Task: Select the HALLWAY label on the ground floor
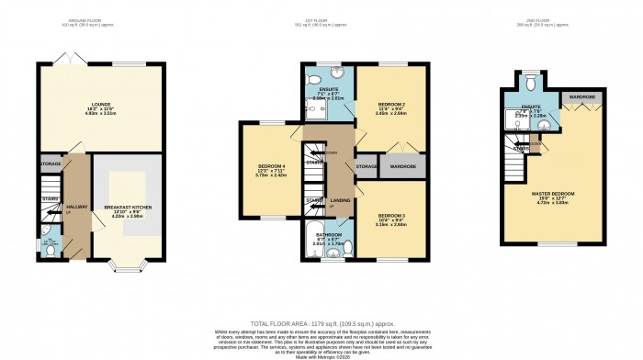[x=76, y=208]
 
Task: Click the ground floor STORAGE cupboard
[x=51, y=164]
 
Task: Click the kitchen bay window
[x=127, y=268]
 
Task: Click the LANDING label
[x=341, y=201]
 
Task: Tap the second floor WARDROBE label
[x=581, y=96]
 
